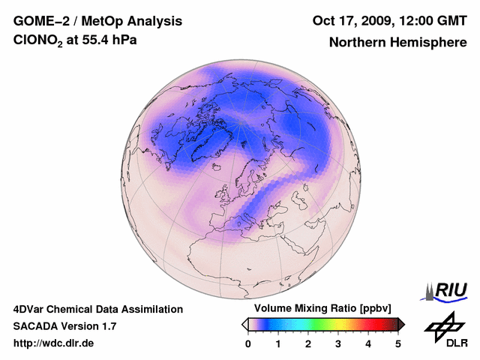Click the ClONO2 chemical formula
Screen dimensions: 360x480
point(38,40)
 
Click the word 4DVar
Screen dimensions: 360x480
point(31,309)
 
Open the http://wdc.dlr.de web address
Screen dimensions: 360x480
point(54,343)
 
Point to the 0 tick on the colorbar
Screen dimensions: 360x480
point(248,343)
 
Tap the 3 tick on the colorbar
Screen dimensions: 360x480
point(338,343)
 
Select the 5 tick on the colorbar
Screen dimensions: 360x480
point(398,343)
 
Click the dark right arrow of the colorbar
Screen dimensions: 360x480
point(401,324)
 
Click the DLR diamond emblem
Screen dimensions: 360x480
point(444,324)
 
